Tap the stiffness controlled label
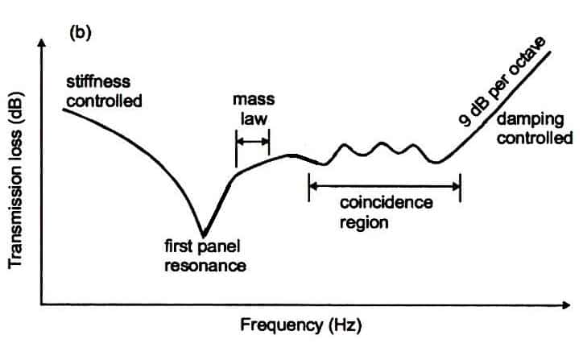tap(102, 93)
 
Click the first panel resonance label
tap(204, 255)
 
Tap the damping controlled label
tap(534, 129)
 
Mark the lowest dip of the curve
tap(204, 234)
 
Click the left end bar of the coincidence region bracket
tap(309, 187)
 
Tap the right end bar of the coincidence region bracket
tap(460, 187)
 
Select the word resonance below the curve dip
tap(204, 264)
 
